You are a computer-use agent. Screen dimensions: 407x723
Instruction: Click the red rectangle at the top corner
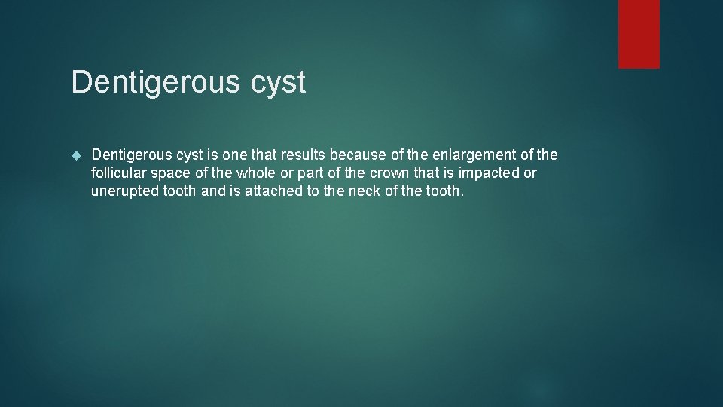[639, 34]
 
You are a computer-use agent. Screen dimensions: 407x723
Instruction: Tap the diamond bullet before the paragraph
[75, 155]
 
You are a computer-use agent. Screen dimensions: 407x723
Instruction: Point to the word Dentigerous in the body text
[132, 155]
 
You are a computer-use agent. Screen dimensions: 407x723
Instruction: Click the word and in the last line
[213, 191]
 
